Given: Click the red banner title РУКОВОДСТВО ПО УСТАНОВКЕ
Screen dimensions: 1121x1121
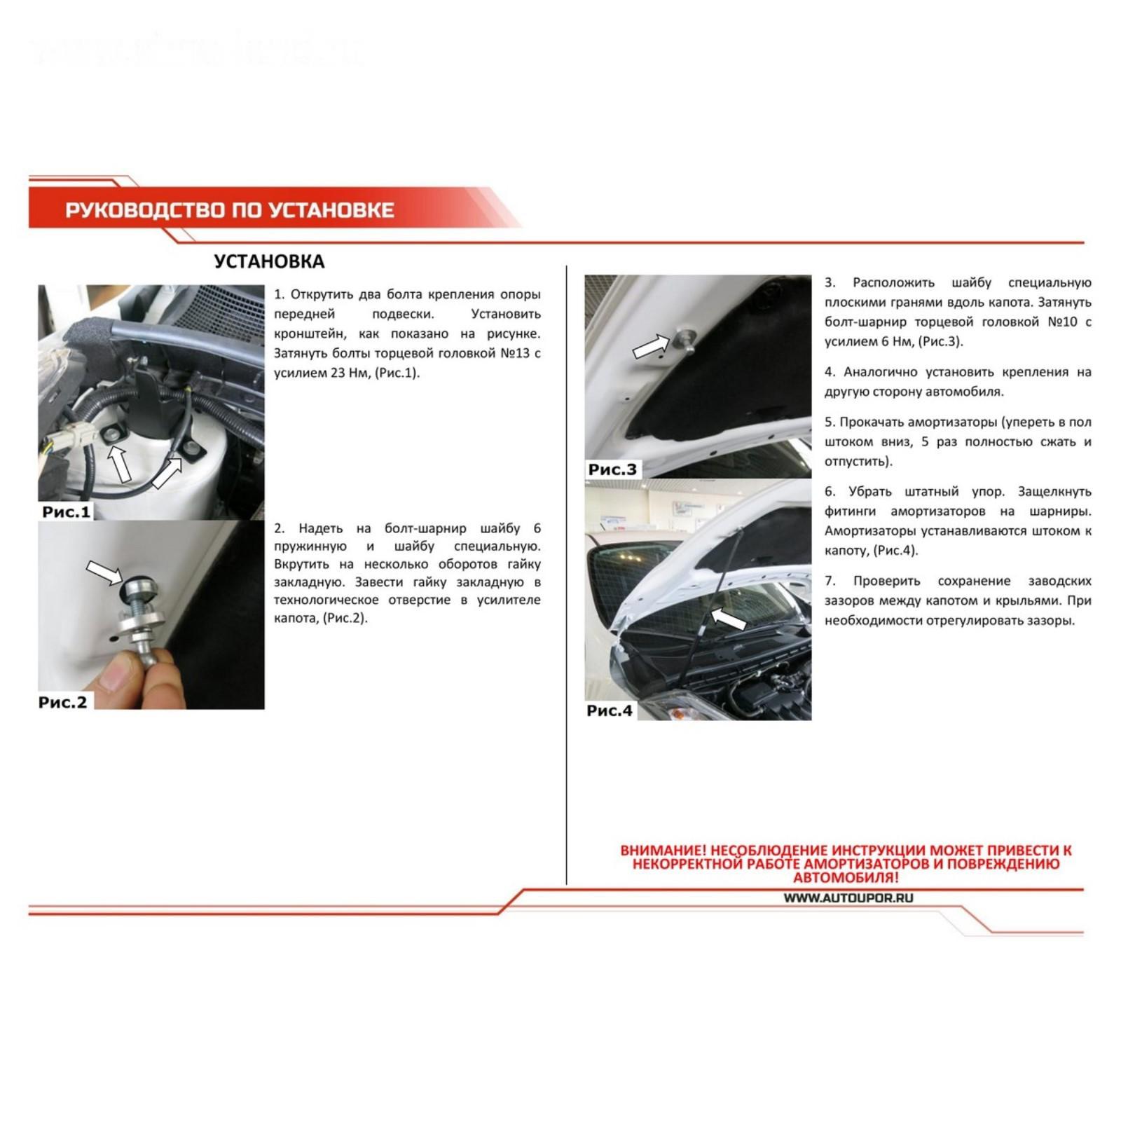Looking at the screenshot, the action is click(x=230, y=210).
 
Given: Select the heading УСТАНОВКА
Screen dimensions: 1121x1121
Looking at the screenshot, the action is click(x=269, y=261).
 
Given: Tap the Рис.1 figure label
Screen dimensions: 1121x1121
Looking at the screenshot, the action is click(x=67, y=511).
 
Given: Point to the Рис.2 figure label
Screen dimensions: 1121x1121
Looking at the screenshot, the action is click(x=63, y=702).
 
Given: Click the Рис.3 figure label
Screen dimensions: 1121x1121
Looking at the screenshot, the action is click(x=613, y=469).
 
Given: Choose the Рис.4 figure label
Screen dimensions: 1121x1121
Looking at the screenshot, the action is click(x=610, y=710).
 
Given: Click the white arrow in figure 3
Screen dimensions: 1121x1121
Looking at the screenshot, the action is click(x=651, y=346).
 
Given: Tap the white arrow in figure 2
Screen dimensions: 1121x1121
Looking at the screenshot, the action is click(x=104, y=572).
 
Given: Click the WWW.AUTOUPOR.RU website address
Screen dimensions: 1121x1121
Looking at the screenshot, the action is click(x=848, y=898).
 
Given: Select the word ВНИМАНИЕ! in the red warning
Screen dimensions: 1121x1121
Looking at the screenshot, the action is click(x=659, y=851).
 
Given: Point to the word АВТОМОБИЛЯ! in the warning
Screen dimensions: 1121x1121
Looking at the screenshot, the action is click(x=846, y=877).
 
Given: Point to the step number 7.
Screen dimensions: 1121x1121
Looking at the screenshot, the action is click(x=830, y=582).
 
